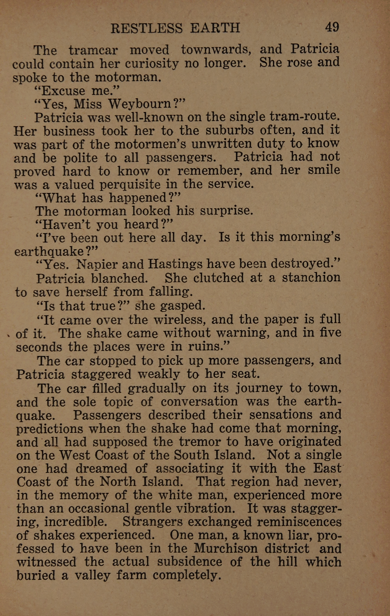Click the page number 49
(x=332, y=27)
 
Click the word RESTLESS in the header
(x=146, y=28)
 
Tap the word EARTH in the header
(x=215, y=28)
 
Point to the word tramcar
(x=93, y=50)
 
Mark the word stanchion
(x=311, y=278)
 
